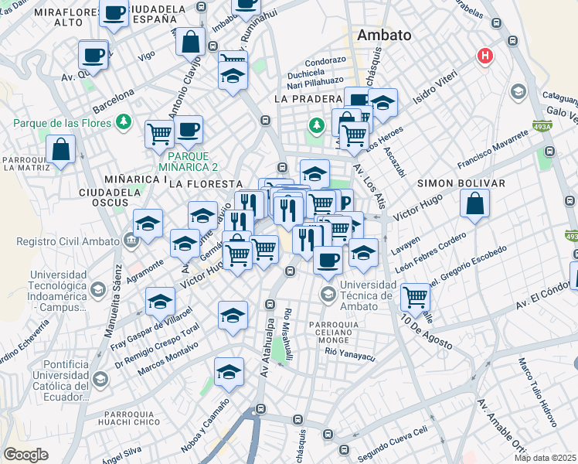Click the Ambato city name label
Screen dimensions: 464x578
383,36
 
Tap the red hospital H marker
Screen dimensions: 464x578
485,56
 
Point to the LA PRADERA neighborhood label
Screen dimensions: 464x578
308,99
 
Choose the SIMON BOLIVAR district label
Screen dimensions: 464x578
461,183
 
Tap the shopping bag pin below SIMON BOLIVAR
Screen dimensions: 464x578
475,205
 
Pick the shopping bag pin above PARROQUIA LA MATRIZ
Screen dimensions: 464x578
60,150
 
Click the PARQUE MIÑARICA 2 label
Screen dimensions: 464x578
189,161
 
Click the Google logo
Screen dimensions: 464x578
26,455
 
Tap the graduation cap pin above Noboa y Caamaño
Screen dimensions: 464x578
229,373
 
